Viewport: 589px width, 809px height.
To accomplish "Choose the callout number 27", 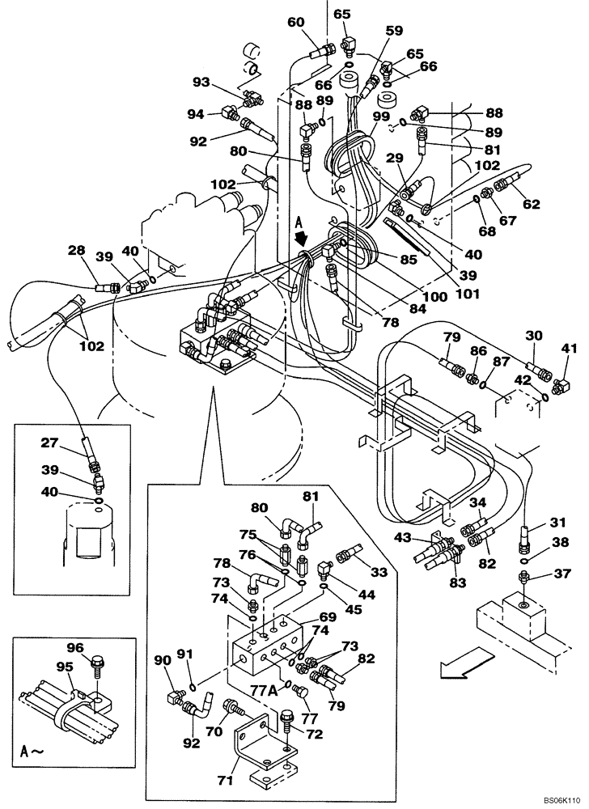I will tap(50, 443).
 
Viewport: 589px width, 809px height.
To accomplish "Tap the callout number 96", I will tap(74, 647).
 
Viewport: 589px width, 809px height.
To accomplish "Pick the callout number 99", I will tap(382, 117).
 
